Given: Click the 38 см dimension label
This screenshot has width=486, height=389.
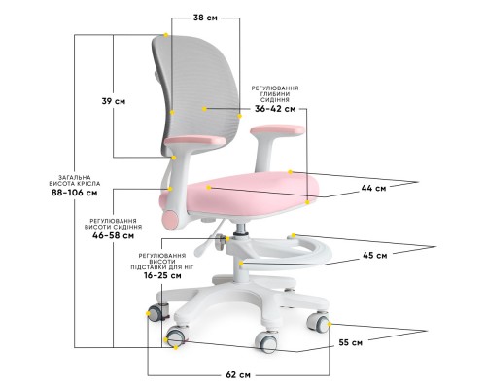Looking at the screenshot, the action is tap(205, 18).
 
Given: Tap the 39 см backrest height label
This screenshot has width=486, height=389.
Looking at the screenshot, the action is tap(114, 101).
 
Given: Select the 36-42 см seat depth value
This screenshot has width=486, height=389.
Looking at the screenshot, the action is tap(275, 109).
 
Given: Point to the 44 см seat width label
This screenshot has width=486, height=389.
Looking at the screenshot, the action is tap(373, 188).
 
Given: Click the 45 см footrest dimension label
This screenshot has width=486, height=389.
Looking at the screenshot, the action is tap(374, 256).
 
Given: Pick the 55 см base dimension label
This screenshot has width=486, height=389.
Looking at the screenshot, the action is tap(351, 342).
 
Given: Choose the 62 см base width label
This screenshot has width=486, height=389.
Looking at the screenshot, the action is tap(238, 375).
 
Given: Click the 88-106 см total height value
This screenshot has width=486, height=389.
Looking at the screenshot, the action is tap(75, 193).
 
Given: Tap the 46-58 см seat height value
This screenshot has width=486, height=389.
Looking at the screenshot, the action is tap(113, 235).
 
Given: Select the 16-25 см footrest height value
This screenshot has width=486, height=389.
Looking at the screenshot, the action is tap(162, 276).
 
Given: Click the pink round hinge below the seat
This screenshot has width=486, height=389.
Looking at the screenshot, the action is tap(170, 221).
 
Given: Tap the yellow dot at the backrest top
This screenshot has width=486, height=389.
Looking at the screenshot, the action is tap(166, 35).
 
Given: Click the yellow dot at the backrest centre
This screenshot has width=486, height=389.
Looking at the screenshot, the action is tap(204, 109).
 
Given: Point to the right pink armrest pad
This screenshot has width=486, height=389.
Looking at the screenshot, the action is tap(277, 130).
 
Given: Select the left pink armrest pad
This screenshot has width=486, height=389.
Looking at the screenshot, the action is tap(194, 141).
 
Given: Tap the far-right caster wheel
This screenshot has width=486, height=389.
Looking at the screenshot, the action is tap(319, 322).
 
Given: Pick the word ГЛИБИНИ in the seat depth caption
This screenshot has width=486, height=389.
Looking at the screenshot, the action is tap(275, 94).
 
